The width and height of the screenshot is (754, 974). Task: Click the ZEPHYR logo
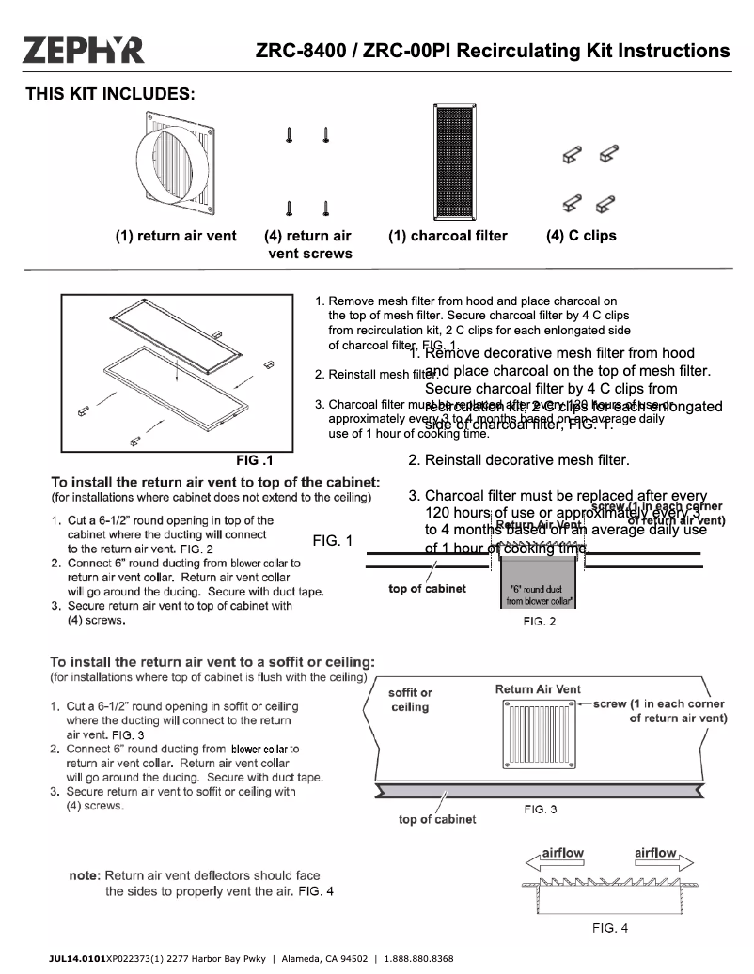point(84,49)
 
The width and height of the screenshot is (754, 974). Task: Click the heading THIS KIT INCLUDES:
point(110,94)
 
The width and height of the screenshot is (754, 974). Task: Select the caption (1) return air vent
point(176,237)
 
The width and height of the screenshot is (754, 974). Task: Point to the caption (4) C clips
point(581,237)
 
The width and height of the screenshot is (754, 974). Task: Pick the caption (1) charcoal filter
point(448,237)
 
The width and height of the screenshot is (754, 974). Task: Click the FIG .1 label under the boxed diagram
point(254,461)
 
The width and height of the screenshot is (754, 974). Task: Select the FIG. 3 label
point(540,809)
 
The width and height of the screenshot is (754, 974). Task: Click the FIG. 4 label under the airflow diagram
point(609,928)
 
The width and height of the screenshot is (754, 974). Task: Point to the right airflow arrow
point(662,856)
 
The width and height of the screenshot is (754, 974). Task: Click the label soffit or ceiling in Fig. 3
point(410,701)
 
